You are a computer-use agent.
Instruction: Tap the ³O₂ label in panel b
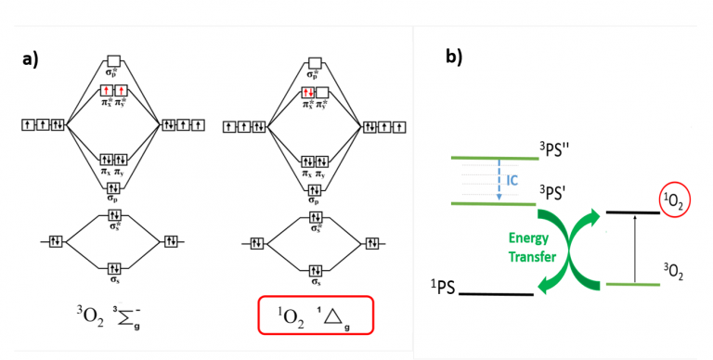click(x=673, y=272)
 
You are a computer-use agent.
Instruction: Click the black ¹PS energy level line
click(x=496, y=295)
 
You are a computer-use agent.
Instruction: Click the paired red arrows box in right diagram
click(x=307, y=93)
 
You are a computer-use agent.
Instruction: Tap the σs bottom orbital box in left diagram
click(x=113, y=269)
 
